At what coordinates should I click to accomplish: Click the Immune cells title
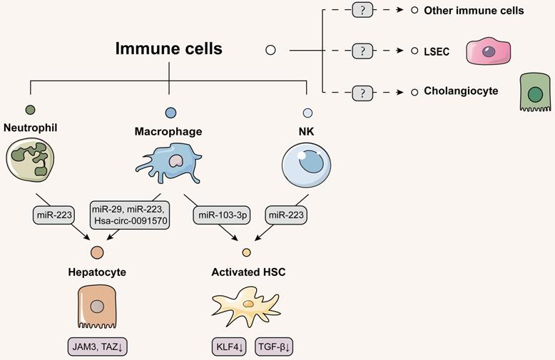pos(169,49)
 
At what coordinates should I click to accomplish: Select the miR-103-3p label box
pos(219,213)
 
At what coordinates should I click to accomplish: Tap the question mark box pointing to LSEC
pos(363,51)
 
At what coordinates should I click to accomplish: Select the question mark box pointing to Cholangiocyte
pos(363,92)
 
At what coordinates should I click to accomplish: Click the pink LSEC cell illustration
pos(492,52)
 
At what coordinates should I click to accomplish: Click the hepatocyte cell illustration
pos(97,309)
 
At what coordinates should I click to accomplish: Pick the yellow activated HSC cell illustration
pos(248,305)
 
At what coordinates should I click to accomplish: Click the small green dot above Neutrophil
pos(30,110)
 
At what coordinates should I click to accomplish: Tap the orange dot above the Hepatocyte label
pos(97,252)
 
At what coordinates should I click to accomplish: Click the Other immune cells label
pos(474,11)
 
